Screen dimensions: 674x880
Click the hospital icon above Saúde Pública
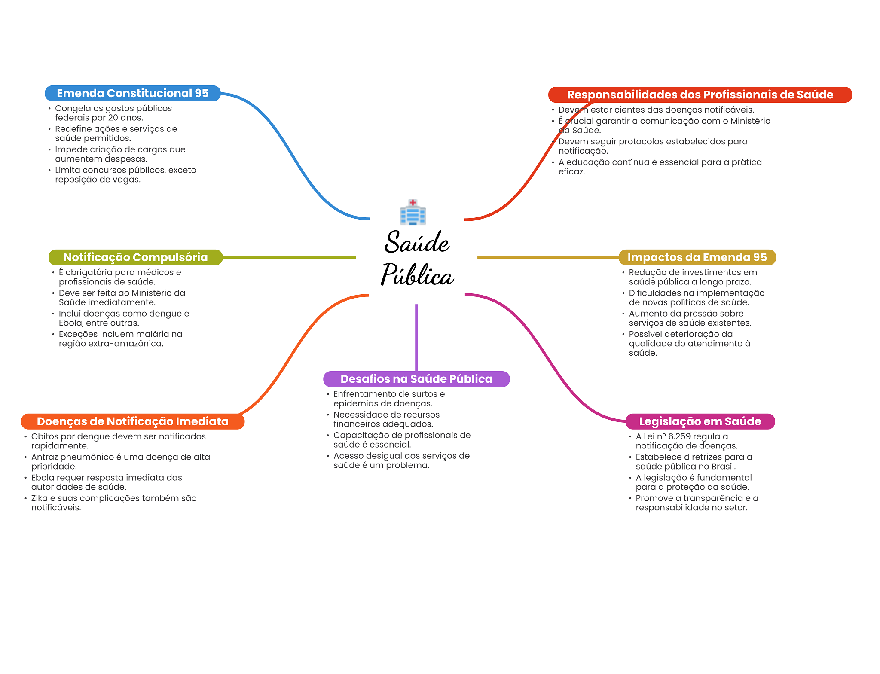point(412,212)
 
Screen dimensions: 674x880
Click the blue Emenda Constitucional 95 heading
point(132,93)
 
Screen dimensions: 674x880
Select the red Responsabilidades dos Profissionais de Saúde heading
point(700,95)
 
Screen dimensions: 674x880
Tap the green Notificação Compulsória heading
point(135,257)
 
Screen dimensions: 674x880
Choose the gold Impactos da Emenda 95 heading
point(697,257)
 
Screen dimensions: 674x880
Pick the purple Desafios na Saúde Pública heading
point(416,379)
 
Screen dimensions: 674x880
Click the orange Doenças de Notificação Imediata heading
point(132,421)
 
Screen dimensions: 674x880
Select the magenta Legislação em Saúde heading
point(700,421)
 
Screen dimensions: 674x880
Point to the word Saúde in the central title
point(417,242)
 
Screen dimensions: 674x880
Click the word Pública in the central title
point(417,275)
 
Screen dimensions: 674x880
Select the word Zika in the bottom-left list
point(39,498)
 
